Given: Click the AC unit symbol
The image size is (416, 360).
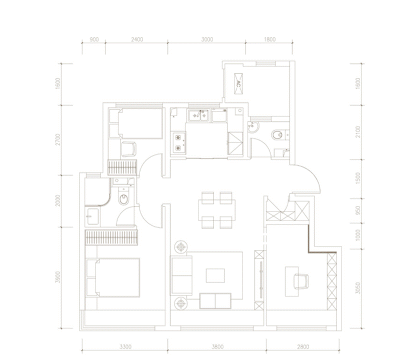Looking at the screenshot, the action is [x=238, y=84].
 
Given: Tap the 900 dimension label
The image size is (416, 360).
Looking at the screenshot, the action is [x=94, y=39].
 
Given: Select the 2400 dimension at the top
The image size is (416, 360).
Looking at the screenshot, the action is [x=137, y=39].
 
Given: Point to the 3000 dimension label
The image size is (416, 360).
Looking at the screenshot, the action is [x=207, y=39].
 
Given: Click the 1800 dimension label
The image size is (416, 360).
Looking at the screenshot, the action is [x=270, y=39].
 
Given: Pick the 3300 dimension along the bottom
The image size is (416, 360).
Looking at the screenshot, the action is [x=125, y=346].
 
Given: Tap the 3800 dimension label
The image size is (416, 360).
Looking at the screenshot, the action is [x=217, y=346].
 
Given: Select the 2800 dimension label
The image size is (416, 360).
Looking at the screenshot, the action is [x=303, y=346].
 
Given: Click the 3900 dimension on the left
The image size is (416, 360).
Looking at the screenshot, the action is [x=58, y=277].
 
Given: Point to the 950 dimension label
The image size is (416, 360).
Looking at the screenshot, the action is [x=358, y=210].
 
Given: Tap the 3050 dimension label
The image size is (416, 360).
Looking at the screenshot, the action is [x=358, y=288].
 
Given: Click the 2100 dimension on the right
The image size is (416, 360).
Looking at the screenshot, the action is [x=358, y=132].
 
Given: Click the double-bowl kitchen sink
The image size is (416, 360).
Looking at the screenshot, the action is [x=199, y=115].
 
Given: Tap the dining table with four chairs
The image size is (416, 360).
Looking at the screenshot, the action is [x=217, y=210].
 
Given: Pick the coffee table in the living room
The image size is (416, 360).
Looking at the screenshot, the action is [x=215, y=275].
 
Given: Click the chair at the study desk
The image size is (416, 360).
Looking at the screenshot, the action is [x=301, y=281].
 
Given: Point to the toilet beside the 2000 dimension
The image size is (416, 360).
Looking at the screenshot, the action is [x=123, y=197].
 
